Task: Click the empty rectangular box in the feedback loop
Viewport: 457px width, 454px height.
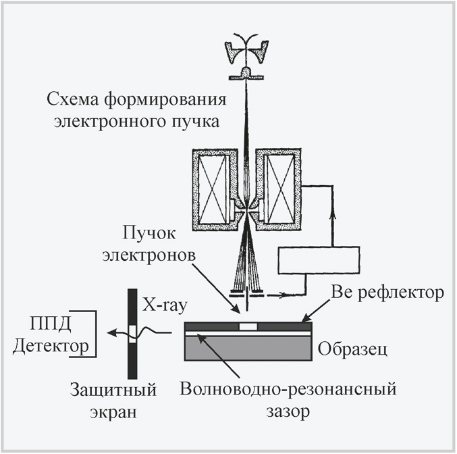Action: coord(320,260)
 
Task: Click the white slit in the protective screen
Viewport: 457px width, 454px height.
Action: coord(134,331)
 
